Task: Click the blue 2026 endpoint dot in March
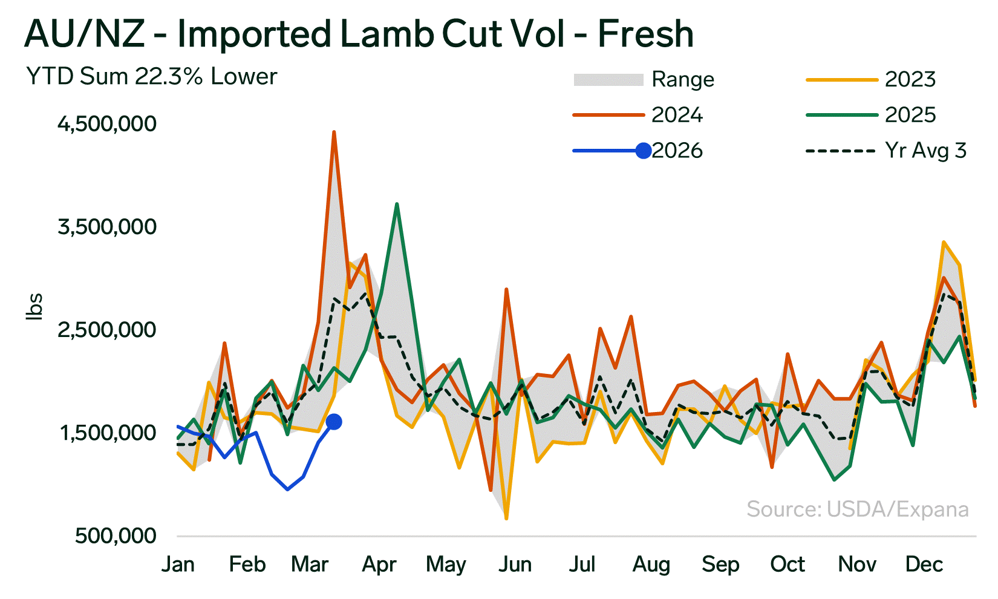pos(333,422)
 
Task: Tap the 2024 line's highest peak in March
pos(334,132)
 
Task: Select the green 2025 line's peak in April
pos(397,205)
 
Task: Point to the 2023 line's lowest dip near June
pos(506,519)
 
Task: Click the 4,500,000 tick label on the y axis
pos(107,123)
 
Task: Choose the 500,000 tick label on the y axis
pos(116,536)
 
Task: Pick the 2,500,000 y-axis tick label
pos(107,330)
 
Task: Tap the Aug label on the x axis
pos(651,565)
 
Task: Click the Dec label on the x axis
pos(924,565)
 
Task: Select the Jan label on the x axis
pos(178,565)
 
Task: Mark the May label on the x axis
pos(446,565)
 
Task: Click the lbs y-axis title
pos(34,306)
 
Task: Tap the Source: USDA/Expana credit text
pos(857,509)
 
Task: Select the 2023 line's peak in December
pos(944,242)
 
